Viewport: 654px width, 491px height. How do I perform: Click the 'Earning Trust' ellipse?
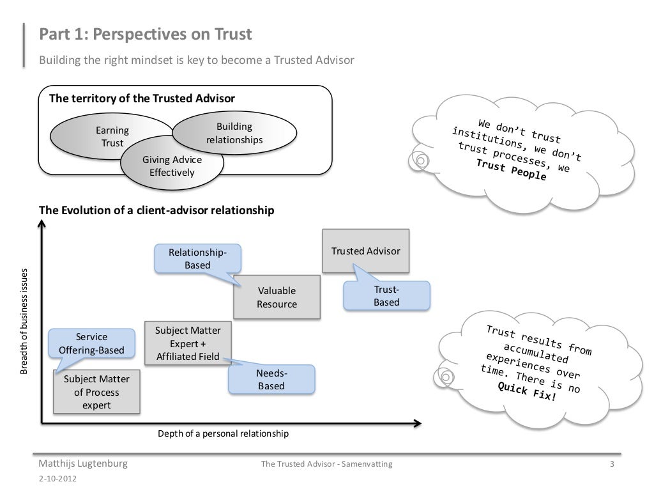tap(102, 135)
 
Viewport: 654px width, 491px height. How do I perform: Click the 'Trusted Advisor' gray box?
tap(365, 251)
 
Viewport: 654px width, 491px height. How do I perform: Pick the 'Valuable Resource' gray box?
tap(277, 297)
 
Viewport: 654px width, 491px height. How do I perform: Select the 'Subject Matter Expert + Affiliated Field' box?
tap(188, 343)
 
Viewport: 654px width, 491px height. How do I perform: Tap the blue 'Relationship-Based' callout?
tap(197, 258)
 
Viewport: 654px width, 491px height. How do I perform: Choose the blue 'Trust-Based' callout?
tap(386, 296)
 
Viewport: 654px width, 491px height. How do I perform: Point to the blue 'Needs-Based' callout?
tap(271, 379)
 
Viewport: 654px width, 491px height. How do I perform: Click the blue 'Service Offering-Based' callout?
tap(92, 343)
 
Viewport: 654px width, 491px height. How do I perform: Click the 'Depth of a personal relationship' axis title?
tap(223, 434)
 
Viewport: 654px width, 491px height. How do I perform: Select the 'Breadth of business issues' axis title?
tap(24, 321)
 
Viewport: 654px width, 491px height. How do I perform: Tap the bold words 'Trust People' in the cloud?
tap(511, 169)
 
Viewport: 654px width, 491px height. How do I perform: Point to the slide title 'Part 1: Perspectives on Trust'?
tap(146, 35)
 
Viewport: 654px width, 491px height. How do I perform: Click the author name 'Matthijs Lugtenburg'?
tap(83, 464)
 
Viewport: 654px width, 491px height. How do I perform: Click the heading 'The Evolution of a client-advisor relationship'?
tap(157, 210)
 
